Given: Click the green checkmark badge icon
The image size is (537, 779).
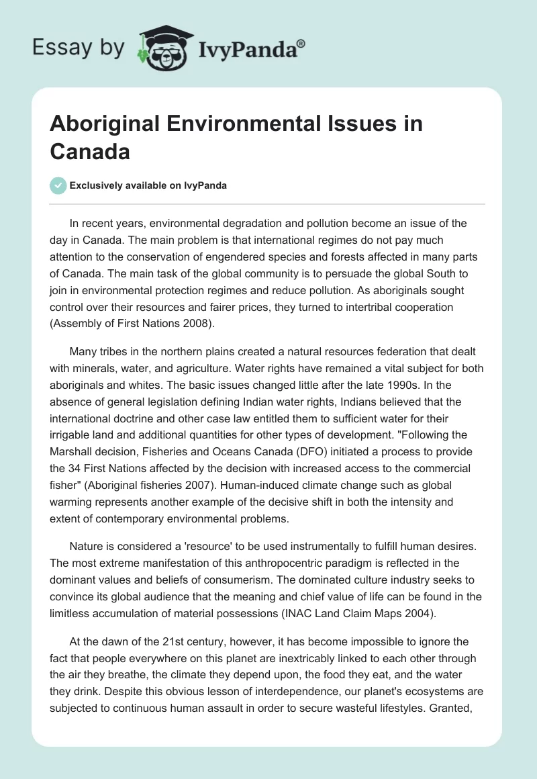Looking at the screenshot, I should [58, 185].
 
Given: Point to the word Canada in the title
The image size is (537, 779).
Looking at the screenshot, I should [89, 152].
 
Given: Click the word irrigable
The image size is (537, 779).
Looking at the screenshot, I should [72, 432].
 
